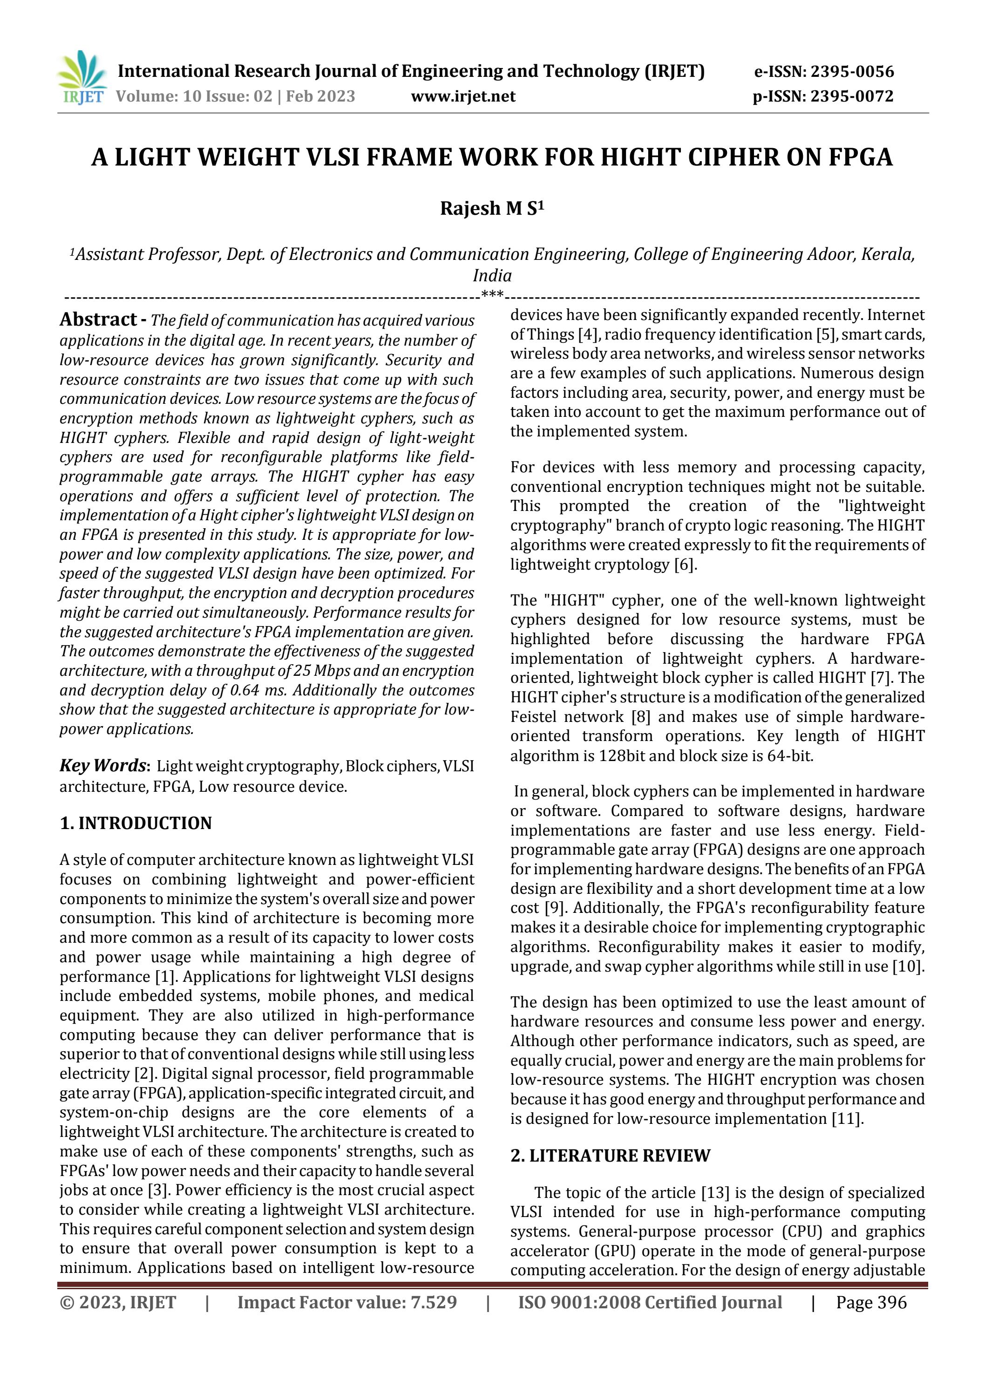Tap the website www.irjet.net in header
pyautogui.click(x=463, y=96)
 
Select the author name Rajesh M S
pyautogui.click(x=491, y=208)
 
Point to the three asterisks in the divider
pyautogui.click(x=492, y=296)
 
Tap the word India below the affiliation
pyautogui.click(x=492, y=275)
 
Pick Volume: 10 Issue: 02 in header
pyautogui.click(x=194, y=96)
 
